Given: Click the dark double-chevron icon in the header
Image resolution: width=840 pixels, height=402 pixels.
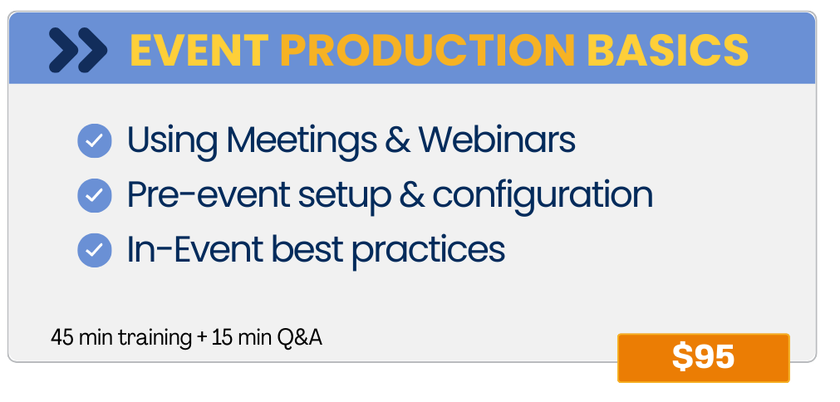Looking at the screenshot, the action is coord(78,50).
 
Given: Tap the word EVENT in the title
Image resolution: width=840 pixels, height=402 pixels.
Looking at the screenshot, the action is coord(199,50).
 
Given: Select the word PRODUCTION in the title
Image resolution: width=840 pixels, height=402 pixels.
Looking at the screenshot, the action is coord(428,50).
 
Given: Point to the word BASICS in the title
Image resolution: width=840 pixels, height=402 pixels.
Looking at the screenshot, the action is coord(667,50).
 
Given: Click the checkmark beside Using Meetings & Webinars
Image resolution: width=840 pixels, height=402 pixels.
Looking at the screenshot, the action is coord(95,140).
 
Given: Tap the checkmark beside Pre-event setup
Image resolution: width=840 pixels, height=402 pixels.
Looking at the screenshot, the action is coord(95,195).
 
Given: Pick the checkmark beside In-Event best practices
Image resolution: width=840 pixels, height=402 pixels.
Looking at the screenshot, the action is coord(95,250).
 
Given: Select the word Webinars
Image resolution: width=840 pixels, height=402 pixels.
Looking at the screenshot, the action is coord(497,140).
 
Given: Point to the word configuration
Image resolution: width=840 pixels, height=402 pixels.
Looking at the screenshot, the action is coord(543,196).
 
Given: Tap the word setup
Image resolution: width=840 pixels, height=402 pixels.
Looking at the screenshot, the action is coord(344,197).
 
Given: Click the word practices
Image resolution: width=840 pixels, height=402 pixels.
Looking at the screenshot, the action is coord(428,251).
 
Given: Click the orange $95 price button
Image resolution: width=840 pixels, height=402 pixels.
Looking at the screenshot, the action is coord(704,358).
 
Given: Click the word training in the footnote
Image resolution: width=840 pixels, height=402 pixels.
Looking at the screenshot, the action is coord(155,339).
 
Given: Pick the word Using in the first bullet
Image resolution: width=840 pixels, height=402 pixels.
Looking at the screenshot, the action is coord(173,141).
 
